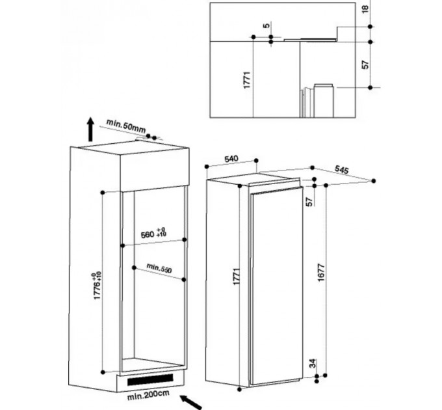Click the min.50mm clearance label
[x=126, y=126]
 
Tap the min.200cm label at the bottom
[x=148, y=394]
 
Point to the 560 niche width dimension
[x=153, y=233]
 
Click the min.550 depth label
[x=159, y=267]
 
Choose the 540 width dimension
[x=231, y=159]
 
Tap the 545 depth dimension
[x=342, y=169]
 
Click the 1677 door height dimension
[x=321, y=273]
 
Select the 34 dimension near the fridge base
[x=313, y=363]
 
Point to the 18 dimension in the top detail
[x=365, y=8]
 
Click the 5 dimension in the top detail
[x=266, y=25]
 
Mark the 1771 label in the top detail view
[x=247, y=80]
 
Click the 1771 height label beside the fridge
[x=236, y=276]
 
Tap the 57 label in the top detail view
[x=365, y=65]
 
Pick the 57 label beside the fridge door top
[x=309, y=202]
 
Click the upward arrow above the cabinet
[x=90, y=130]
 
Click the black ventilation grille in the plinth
[x=150, y=379]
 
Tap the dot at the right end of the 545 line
[x=374, y=181]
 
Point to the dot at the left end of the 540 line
[x=207, y=167]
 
